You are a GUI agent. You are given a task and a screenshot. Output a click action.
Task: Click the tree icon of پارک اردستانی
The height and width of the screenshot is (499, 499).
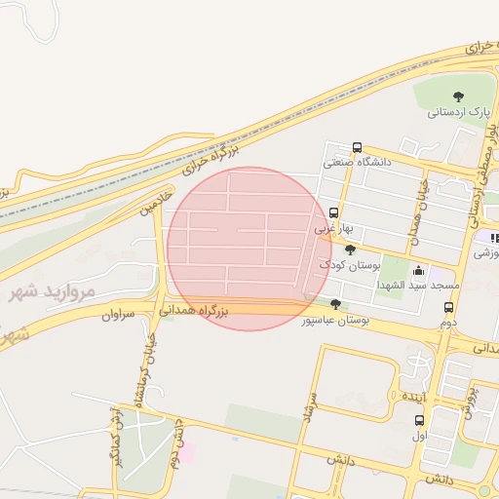coord(458,96)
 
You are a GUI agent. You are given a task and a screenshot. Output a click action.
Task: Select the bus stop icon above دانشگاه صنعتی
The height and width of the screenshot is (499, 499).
coord(358,147)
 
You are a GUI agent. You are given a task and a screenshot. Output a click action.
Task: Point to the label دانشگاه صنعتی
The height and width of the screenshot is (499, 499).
coord(358,163)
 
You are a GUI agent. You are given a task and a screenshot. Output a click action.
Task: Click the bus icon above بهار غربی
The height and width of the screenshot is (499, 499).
coord(334,212)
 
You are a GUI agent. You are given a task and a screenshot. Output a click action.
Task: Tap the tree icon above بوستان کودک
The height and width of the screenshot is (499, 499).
coord(350,250)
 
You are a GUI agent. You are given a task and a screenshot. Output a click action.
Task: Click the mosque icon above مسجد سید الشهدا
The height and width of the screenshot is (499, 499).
coord(419,271)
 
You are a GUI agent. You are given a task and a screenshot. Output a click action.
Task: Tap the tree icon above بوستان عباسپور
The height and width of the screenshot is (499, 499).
coord(336,304)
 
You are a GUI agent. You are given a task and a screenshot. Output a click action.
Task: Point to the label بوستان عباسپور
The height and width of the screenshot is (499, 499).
coord(333,320)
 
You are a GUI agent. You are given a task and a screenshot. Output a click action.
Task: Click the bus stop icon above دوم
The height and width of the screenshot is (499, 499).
coord(448,307)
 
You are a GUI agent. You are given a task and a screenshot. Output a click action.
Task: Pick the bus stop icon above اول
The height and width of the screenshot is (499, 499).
coord(420,421)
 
